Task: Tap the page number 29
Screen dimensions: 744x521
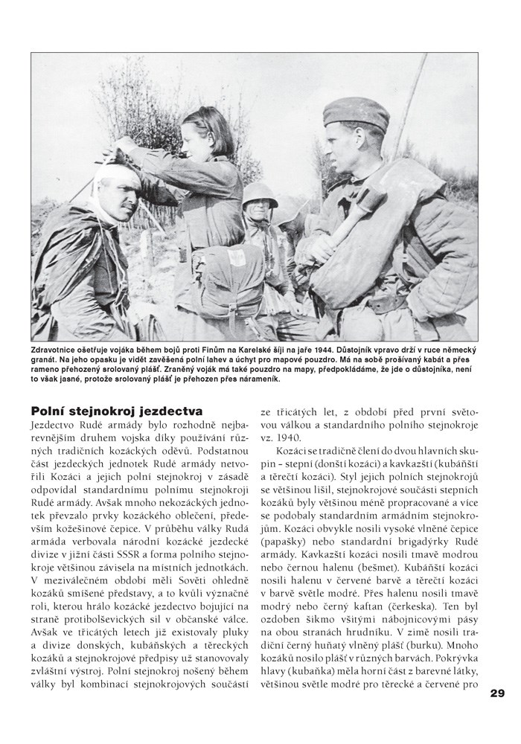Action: coord(497,693)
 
